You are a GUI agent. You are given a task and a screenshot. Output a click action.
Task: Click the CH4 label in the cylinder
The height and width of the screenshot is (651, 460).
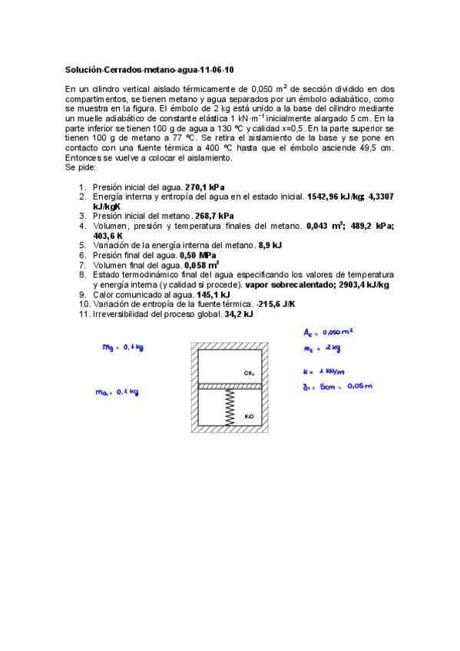click(x=249, y=373)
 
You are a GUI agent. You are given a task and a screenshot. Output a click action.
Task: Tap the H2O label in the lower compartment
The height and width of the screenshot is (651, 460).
click(x=249, y=416)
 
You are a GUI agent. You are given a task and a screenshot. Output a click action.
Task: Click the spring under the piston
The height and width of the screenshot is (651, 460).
click(x=230, y=406)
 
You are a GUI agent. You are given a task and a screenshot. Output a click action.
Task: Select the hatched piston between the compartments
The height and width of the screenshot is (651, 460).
click(x=230, y=385)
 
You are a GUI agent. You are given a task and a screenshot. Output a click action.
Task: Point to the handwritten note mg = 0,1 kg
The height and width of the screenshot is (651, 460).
click(x=123, y=348)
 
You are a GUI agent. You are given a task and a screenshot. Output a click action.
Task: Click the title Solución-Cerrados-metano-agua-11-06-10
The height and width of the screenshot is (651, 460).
click(x=138, y=69)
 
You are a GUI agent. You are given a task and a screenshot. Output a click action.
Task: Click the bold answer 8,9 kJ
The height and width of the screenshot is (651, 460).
click(x=270, y=245)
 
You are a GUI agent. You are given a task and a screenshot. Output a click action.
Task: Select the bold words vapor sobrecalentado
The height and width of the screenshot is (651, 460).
click(x=287, y=284)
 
